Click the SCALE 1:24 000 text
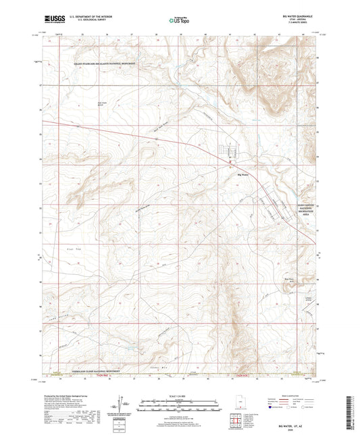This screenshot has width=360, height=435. point(180,395)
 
